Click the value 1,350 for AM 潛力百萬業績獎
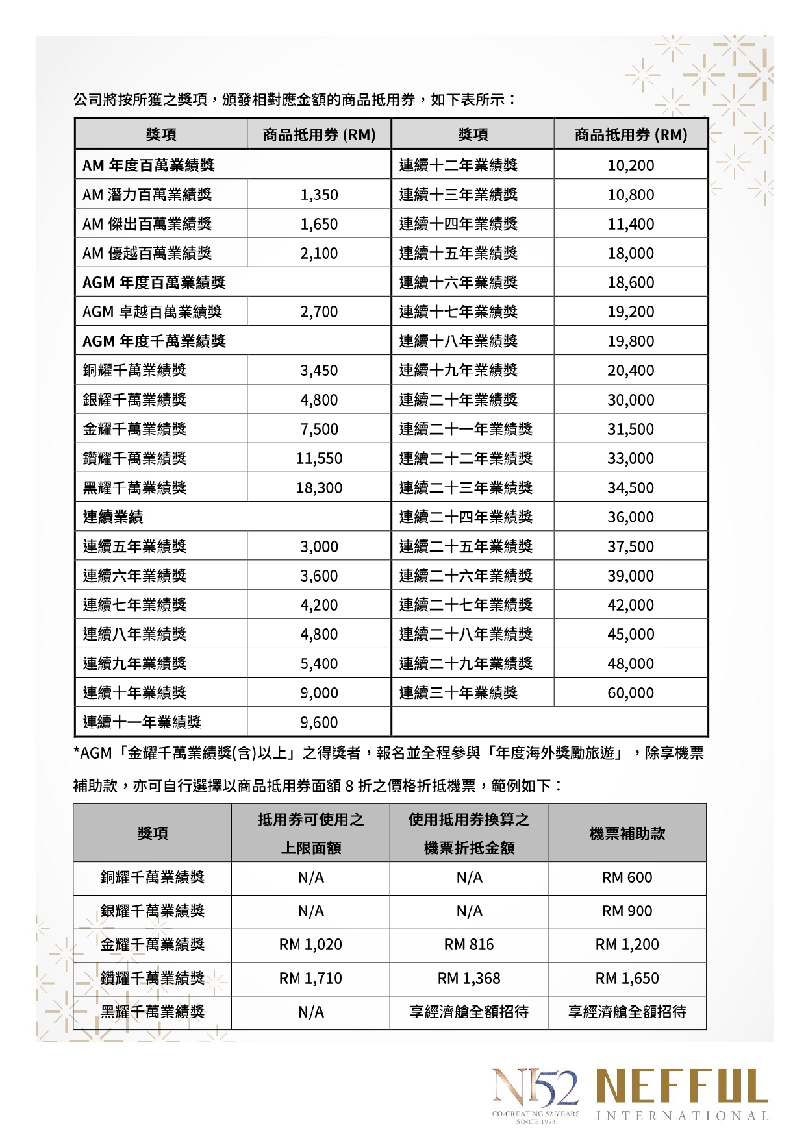click(x=319, y=195)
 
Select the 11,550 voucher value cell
click(x=319, y=459)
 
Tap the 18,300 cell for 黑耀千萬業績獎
click(x=319, y=488)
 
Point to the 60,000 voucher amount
click(x=631, y=693)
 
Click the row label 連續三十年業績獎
click(x=459, y=693)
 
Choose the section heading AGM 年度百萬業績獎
click(x=154, y=283)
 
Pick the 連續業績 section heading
click(x=113, y=517)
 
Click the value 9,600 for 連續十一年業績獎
click(x=319, y=722)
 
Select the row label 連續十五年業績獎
click(x=459, y=253)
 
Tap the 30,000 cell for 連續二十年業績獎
click(x=631, y=400)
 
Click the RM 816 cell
click(x=469, y=945)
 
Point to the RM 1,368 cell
click(x=469, y=979)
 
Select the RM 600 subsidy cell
click(x=627, y=877)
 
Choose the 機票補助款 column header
click(x=627, y=833)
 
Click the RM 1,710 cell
click(x=310, y=979)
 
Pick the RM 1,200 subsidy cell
click(x=627, y=945)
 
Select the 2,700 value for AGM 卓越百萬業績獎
click(x=319, y=312)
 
